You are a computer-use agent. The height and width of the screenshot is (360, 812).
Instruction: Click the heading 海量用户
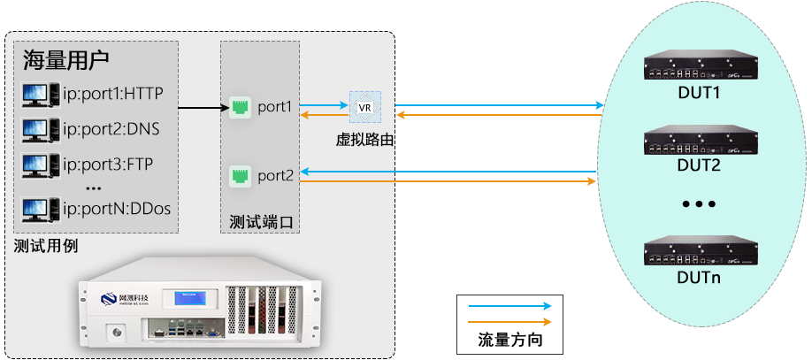tap(65, 60)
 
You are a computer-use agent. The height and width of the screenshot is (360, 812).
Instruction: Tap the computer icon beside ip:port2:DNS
tap(35, 129)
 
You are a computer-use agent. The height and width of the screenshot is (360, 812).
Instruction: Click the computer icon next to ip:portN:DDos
tap(35, 210)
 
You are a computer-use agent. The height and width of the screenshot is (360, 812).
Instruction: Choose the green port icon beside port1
tap(239, 108)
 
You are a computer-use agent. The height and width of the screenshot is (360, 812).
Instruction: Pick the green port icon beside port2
tap(239, 176)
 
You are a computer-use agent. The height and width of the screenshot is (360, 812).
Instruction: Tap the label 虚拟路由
tap(364, 139)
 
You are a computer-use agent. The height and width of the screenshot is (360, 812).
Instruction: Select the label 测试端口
tap(259, 221)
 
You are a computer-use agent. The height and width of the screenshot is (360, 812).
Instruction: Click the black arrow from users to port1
tap(199, 108)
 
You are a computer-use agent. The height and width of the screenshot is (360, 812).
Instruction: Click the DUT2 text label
tap(699, 165)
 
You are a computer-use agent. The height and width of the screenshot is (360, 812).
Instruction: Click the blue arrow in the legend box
tap(509, 307)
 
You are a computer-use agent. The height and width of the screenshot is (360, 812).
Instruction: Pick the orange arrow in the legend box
tap(509, 322)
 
